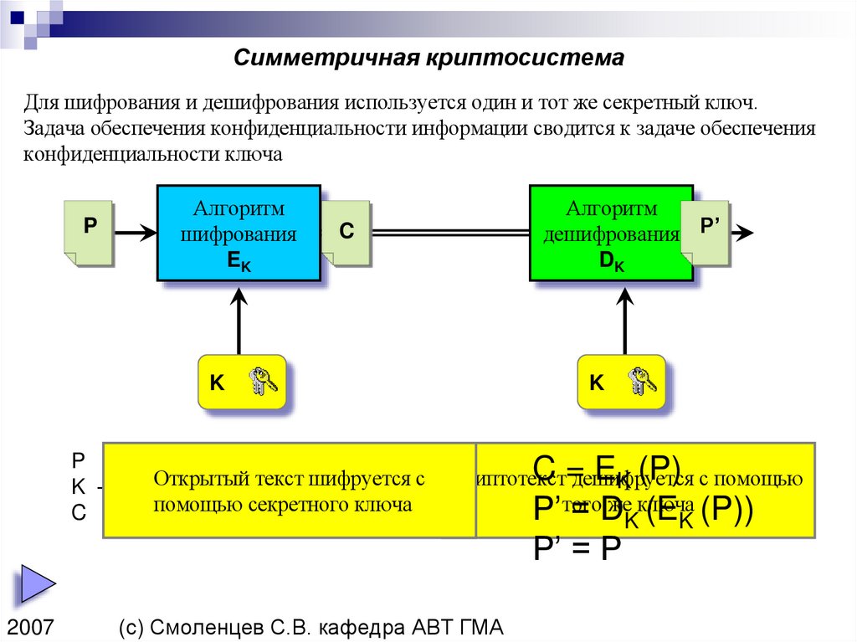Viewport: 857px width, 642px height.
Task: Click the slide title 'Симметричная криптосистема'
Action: point(428,58)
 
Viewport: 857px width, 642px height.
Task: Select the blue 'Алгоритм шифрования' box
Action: point(239,234)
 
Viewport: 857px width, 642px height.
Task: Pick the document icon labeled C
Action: point(346,234)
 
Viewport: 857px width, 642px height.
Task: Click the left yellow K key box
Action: point(242,383)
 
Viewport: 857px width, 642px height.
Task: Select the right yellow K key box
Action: point(622,383)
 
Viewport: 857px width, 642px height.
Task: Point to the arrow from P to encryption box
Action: point(135,233)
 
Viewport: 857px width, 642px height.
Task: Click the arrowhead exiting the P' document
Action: point(746,234)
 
